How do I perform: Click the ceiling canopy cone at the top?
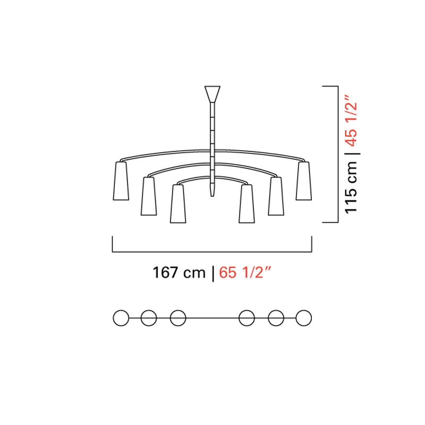[x=212, y=94]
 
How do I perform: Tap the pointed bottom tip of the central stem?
[x=212, y=196]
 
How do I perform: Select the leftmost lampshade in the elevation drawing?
[x=121, y=181]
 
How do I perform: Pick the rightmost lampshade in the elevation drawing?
[x=303, y=181]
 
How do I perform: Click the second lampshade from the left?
[x=149, y=196]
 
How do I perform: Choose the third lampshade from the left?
[x=178, y=204]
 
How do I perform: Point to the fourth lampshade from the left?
[x=246, y=204]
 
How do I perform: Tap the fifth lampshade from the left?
[x=276, y=196]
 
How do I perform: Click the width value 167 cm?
[x=179, y=273]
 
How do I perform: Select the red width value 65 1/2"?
[x=245, y=273]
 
